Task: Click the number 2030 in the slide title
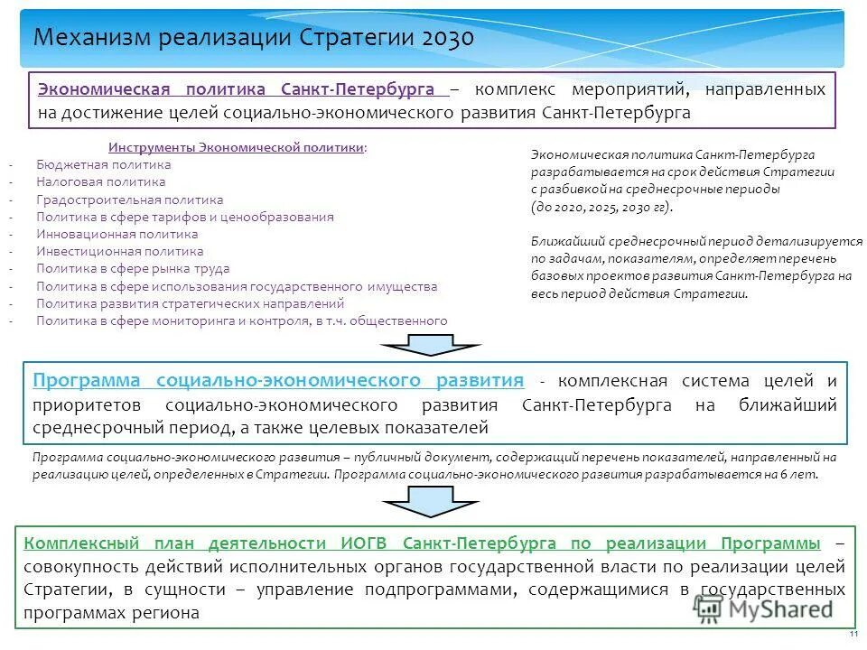click(443, 38)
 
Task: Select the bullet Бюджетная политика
click(104, 165)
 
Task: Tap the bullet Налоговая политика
click(101, 182)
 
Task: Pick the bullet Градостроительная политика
click(130, 200)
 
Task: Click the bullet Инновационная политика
click(117, 234)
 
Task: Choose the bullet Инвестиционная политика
click(120, 251)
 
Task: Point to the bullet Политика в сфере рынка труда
click(134, 268)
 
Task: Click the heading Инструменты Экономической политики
click(238, 147)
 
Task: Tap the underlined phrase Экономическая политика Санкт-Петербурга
click(243, 90)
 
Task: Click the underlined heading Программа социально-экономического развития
click(278, 380)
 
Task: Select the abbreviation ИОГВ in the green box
click(367, 543)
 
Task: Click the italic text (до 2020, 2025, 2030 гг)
click(602, 207)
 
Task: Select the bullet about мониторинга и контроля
click(242, 320)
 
